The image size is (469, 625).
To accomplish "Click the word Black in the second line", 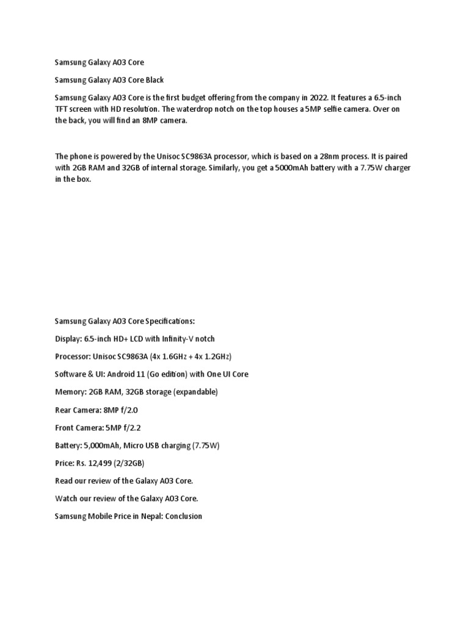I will point(154,80).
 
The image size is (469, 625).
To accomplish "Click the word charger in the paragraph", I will point(396,167).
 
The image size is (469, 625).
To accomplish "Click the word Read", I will point(64,480).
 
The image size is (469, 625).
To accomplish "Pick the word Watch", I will point(66,498).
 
